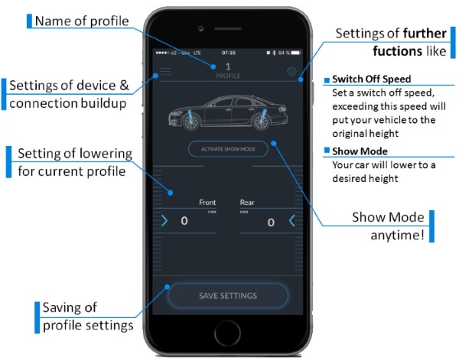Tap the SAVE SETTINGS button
coord(228,296)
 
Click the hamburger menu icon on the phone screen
coord(165,74)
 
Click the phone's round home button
coord(228,334)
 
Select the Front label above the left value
coord(207,203)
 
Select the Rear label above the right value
coord(247,203)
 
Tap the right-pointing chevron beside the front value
coord(164,222)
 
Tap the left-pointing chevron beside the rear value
coord(291,222)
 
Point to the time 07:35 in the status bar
coord(228,54)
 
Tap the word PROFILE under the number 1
coord(228,77)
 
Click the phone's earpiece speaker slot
coord(228,28)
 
